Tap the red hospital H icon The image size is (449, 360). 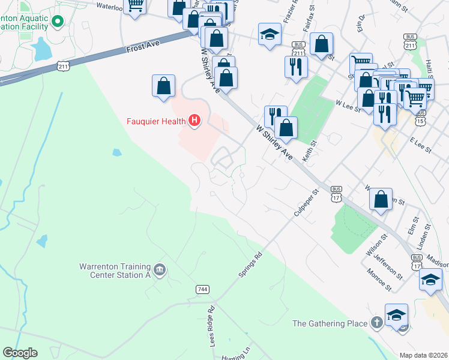194,121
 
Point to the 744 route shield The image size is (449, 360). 202,290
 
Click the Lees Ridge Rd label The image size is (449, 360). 211,328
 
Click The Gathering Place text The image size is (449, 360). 330,323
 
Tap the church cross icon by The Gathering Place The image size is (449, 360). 376,323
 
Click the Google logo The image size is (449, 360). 20,353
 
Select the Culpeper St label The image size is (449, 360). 305,204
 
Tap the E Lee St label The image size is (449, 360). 421,145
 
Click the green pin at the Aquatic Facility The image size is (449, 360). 58,22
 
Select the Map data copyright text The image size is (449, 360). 423,355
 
